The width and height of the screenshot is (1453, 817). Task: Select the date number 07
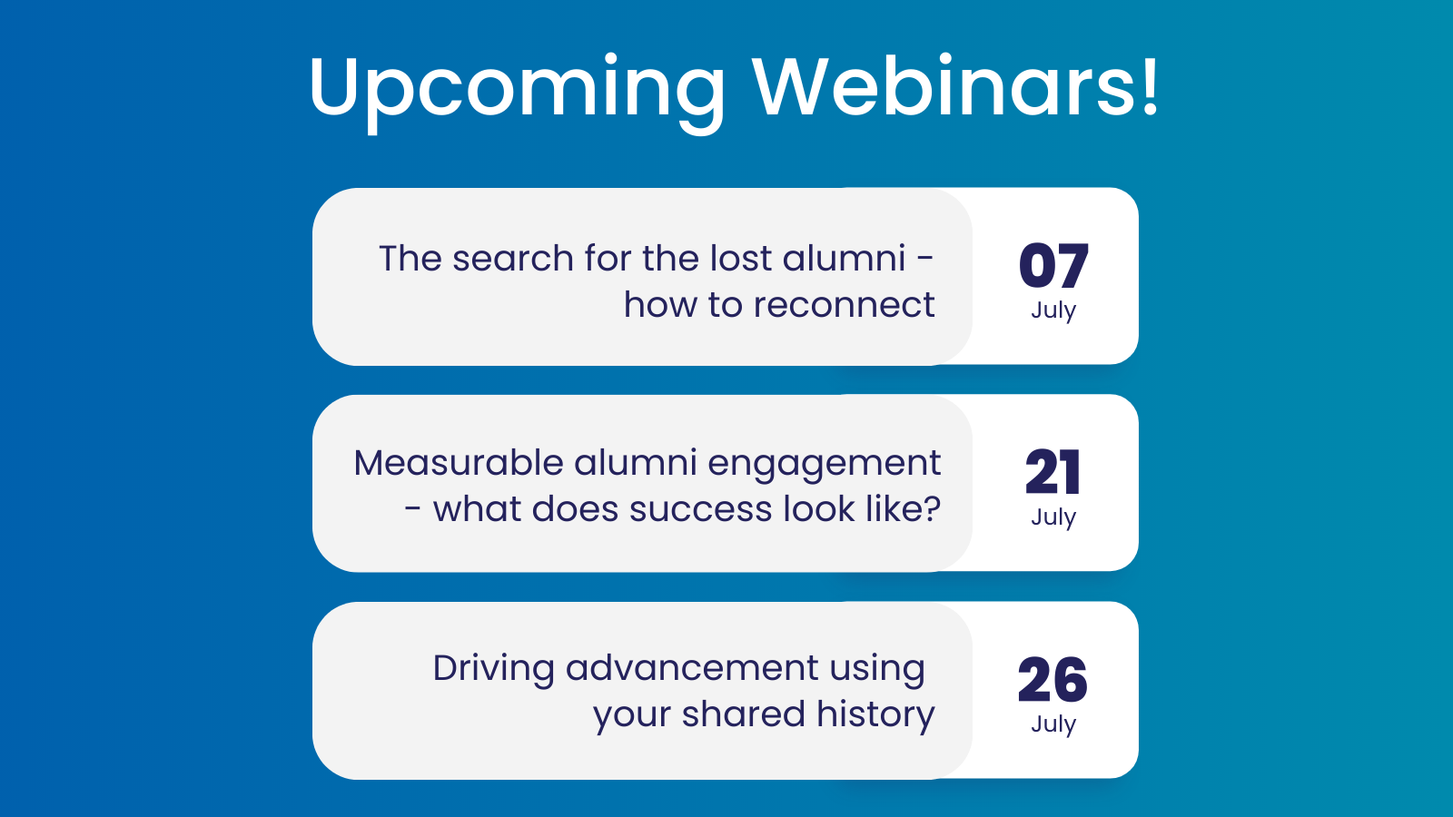[x=1053, y=266]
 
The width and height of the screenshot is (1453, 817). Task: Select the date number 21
[x=1053, y=473]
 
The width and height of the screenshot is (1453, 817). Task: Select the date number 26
[x=1053, y=680]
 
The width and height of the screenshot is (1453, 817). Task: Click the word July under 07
[x=1053, y=310]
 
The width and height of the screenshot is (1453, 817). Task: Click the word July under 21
[x=1053, y=517]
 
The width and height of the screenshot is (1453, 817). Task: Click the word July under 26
[x=1053, y=724]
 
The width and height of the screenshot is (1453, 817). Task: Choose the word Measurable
[x=458, y=463]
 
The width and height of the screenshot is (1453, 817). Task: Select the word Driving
[x=493, y=669]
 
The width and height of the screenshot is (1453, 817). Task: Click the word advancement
[x=692, y=668]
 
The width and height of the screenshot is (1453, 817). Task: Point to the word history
[x=875, y=715]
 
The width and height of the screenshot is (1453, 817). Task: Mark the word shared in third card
[x=743, y=714]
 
